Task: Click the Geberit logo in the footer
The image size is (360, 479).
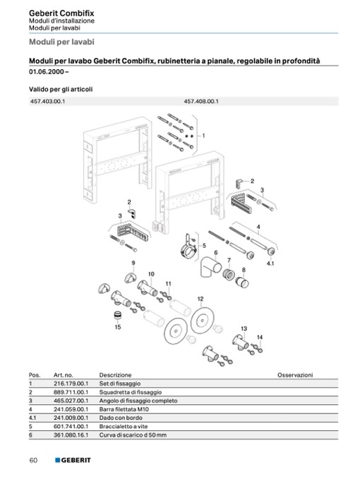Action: (x=73, y=460)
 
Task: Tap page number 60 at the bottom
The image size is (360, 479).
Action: (x=33, y=460)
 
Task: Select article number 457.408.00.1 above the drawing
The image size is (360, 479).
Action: (x=201, y=101)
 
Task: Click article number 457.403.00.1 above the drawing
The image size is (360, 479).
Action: (x=47, y=101)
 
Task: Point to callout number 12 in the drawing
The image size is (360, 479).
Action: (x=200, y=299)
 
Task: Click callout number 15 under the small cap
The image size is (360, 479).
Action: (x=118, y=327)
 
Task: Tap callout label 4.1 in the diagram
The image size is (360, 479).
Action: (x=270, y=264)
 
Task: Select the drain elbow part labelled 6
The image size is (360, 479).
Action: (x=210, y=266)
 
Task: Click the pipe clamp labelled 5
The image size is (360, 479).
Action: (x=188, y=247)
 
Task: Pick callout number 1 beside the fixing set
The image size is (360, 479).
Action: (x=204, y=136)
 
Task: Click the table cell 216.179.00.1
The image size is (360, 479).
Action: (x=71, y=384)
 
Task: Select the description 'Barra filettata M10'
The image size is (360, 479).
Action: (x=124, y=409)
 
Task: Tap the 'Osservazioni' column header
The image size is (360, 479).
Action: (x=295, y=375)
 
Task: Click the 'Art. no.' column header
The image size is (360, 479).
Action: (x=64, y=375)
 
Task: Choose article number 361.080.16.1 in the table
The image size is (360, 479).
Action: (x=71, y=434)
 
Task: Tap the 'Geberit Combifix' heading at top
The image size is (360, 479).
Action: (x=61, y=13)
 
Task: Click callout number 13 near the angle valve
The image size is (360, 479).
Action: (x=244, y=329)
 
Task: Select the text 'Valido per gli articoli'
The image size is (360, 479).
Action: (x=61, y=89)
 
